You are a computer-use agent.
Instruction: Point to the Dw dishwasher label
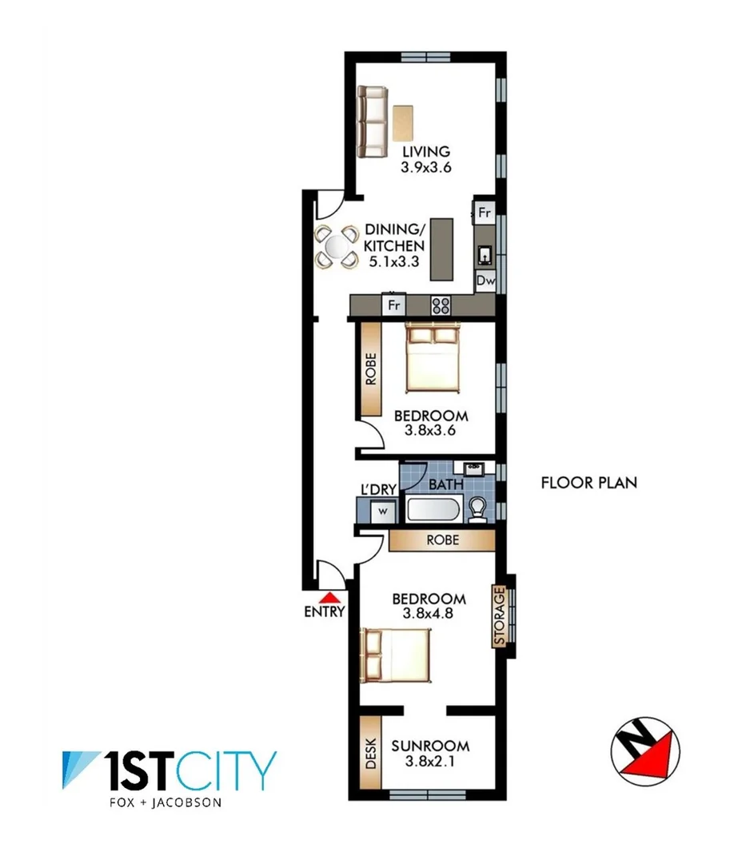click(485, 281)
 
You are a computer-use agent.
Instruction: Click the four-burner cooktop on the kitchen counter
click(441, 305)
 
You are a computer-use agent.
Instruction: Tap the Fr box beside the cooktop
click(393, 305)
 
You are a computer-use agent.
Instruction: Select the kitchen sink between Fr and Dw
click(485, 254)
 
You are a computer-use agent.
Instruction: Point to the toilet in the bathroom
click(478, 510)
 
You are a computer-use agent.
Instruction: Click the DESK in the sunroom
click(370, 752)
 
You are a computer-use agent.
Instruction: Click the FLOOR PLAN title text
click(588, 483)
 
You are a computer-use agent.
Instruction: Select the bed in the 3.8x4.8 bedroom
click(396, 655)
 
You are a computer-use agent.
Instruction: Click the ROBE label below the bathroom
click(442, 540)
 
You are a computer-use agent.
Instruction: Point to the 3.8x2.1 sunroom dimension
click(430, 762)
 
